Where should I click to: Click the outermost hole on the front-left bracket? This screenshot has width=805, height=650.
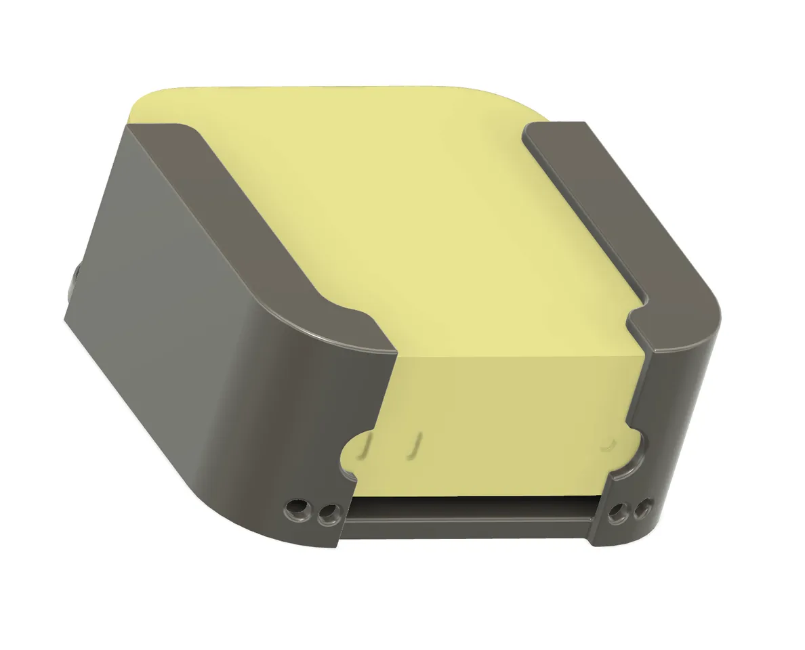coord(296,507)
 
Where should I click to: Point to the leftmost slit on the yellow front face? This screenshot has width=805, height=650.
coord(368,446)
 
